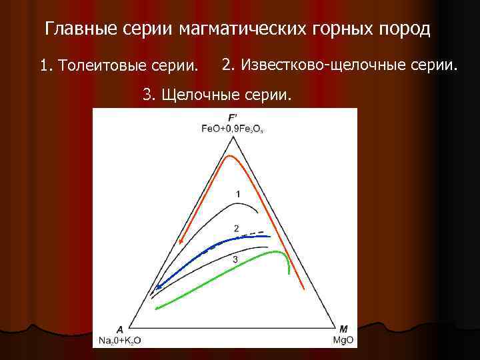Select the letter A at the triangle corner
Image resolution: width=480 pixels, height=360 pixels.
click(x=119, y=329)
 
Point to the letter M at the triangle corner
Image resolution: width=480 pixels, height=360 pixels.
click(x=343, y=329)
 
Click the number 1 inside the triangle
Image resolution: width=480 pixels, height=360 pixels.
click(x=237, y=193)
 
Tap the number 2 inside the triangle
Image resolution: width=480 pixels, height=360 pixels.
click(x=237, y=228)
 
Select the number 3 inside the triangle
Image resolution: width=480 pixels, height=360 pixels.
click(x=235, y=259)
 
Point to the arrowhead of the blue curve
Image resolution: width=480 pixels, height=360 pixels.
click(x=157, y=287)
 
